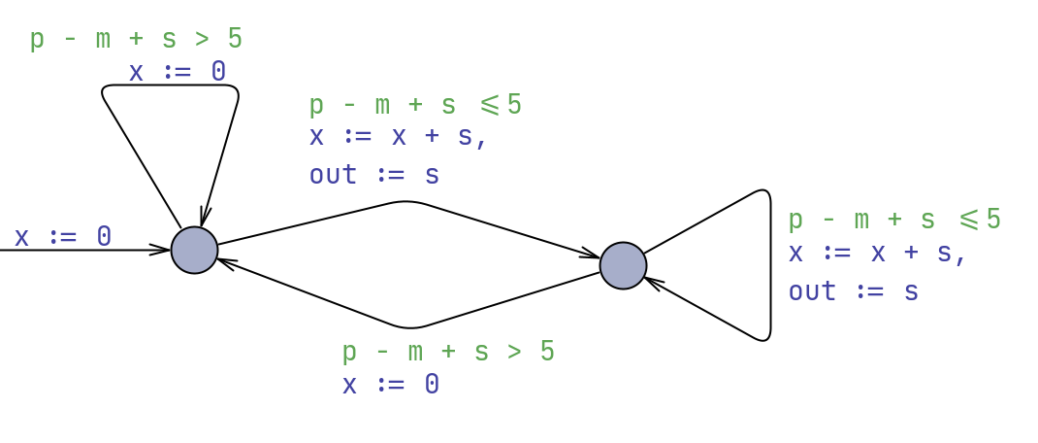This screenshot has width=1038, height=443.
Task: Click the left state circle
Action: [x=194, y=250]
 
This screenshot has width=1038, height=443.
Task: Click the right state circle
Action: [x=623, y=265]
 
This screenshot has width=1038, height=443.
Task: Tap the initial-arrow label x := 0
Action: [x=63, y=236]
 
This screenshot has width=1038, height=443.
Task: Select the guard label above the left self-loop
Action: [x=136, y=39]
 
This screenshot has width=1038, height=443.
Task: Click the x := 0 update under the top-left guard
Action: [x=178, y=71]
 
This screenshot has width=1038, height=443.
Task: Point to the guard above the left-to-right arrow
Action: [x=415, y=105]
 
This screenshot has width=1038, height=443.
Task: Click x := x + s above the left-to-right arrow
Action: [x=398, y=136]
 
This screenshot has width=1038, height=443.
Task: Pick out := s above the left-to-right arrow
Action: [x=374, y=175]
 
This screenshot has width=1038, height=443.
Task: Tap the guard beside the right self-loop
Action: [x=893, y=220]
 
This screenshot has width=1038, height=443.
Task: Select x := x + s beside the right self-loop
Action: [x=877, y=253]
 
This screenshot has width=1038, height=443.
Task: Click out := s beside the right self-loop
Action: [x=853, y=291]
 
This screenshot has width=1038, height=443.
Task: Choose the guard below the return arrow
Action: [x=448, y=351]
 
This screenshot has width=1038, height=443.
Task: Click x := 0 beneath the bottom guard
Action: [x=391, y=384]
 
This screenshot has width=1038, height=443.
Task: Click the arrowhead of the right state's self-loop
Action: [x=650, y=282]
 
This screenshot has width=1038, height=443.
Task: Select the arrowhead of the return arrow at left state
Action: [x=224, y=260]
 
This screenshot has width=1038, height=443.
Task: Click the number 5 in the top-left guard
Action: [x=235, y=39]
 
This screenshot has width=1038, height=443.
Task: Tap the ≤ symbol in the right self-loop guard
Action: [x=969, y=220]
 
